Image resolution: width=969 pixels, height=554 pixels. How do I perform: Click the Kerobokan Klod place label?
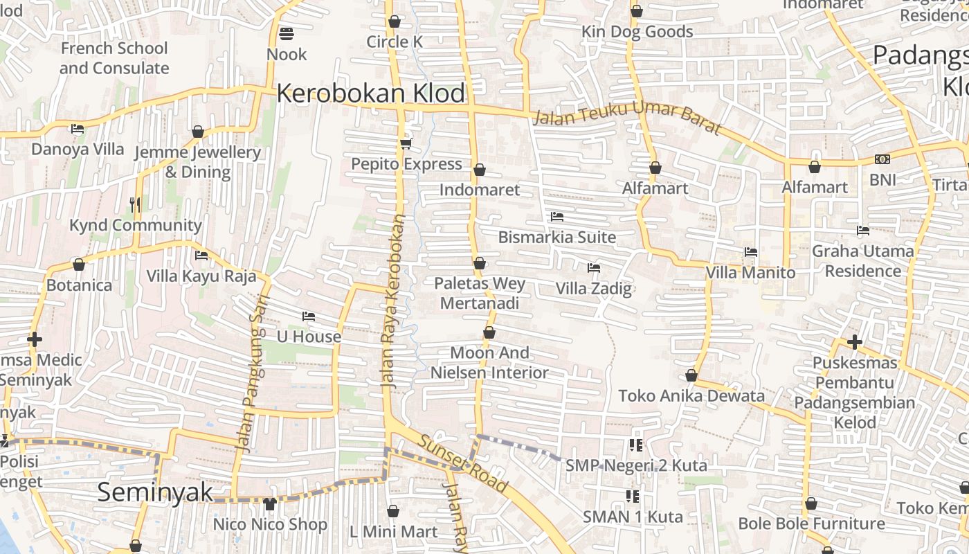(371, 93)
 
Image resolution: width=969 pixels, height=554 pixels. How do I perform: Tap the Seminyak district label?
(155, 492)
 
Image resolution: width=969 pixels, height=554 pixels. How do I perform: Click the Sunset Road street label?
(463, 463)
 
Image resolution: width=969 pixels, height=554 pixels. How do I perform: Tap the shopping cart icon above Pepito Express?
(406, 143)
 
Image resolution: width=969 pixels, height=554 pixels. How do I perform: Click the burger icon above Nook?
(287, 33)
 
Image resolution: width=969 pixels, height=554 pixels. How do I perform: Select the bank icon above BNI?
(882, 159)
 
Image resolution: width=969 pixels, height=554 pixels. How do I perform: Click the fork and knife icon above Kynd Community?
(135, 204)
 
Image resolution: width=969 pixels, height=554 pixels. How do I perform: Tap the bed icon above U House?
(309, 316)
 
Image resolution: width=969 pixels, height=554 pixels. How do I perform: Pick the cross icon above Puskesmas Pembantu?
(855, 341)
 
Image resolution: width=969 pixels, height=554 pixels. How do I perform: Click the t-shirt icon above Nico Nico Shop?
(270, 503)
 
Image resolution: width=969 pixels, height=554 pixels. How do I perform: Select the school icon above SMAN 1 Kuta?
(632, 496)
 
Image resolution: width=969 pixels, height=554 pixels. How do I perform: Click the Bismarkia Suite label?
(556, 237)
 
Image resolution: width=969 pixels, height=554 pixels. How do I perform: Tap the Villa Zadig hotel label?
(594, 288)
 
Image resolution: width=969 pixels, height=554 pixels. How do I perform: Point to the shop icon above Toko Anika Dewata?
(691, 375)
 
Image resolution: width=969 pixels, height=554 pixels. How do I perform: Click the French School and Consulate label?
(114, 58)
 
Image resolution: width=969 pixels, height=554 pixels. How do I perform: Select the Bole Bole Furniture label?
(811, 524)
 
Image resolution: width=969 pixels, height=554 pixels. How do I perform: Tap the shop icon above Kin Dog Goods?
(637, 11)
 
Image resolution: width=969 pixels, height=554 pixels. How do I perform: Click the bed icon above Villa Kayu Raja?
(201, 256)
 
